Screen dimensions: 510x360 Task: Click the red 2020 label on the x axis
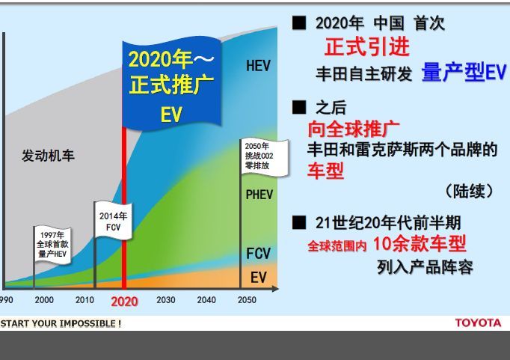[124, 302]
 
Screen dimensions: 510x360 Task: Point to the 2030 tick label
[165, 300]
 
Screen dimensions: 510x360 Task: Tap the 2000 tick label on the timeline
[44, 300]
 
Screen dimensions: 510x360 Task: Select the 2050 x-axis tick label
[247, 300]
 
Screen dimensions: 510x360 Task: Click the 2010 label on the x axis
[85, 300]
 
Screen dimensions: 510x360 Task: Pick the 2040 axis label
[206, 300]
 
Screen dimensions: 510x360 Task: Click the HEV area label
[258, 66]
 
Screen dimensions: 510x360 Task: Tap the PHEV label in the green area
[259, 195]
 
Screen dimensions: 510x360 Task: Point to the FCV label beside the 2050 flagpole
[258, 253]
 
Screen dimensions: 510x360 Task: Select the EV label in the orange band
[258, 278]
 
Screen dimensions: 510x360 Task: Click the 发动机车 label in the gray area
[48, 156]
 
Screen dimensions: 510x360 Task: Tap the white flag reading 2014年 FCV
[113, 220]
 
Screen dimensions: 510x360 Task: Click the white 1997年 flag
[52, 244]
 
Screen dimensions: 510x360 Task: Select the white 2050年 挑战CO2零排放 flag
[264, 157]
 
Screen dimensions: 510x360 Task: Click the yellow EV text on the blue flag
[171, 114]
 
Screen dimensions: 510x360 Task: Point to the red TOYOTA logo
[478, 323]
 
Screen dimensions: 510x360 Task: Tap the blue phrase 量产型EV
[464, 72]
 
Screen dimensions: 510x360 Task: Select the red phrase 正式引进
[367, 46]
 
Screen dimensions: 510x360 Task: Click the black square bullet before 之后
[299, 107]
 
